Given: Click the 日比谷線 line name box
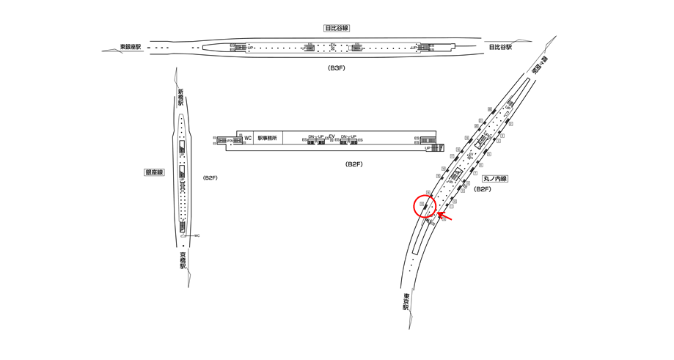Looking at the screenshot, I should coord(337,28).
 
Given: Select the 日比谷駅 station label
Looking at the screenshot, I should coord(500,48).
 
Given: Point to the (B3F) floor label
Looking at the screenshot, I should coord(337,67).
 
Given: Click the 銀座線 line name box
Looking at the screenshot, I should coord(154,172).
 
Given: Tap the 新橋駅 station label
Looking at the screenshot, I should coord(180,98).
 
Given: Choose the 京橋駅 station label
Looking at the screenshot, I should coord(182,261).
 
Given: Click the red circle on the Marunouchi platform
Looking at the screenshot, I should coord(425,207).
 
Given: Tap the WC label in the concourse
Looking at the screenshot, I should coord(248,138).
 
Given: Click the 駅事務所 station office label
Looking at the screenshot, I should coord(268,138).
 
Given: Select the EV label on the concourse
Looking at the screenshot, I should coord(331,136).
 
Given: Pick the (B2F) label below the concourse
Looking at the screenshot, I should coord(355,164).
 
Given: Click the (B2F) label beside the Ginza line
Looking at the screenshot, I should coord(210,178).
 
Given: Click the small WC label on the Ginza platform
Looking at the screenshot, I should coord(197,235).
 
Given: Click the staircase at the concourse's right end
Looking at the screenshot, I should coord(438,148).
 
